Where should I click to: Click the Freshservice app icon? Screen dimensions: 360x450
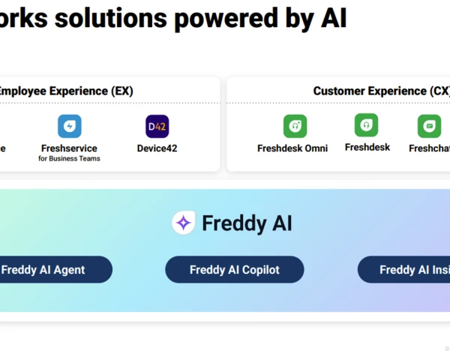click(70, 126)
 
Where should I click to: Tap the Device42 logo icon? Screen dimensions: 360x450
click(157, 126)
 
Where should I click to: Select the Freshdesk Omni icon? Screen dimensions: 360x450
click(295, 126)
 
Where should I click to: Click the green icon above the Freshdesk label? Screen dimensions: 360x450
click(367, 125)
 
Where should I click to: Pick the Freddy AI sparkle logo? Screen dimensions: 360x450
click(184, 223)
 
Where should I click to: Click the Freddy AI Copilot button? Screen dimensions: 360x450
click(235, 270)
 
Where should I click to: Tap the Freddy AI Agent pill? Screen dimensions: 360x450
click(52, 270)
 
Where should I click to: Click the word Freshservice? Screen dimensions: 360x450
click(69, 148)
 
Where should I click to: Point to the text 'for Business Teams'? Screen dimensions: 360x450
click(69, 158)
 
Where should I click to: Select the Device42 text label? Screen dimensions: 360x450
click(157, 148)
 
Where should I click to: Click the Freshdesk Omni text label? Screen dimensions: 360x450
click(292, 148)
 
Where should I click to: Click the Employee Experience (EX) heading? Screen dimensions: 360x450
click(65, 91)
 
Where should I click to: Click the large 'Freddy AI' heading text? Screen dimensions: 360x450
click(247, 223)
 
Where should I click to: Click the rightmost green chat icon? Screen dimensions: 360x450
click(430, 126)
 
